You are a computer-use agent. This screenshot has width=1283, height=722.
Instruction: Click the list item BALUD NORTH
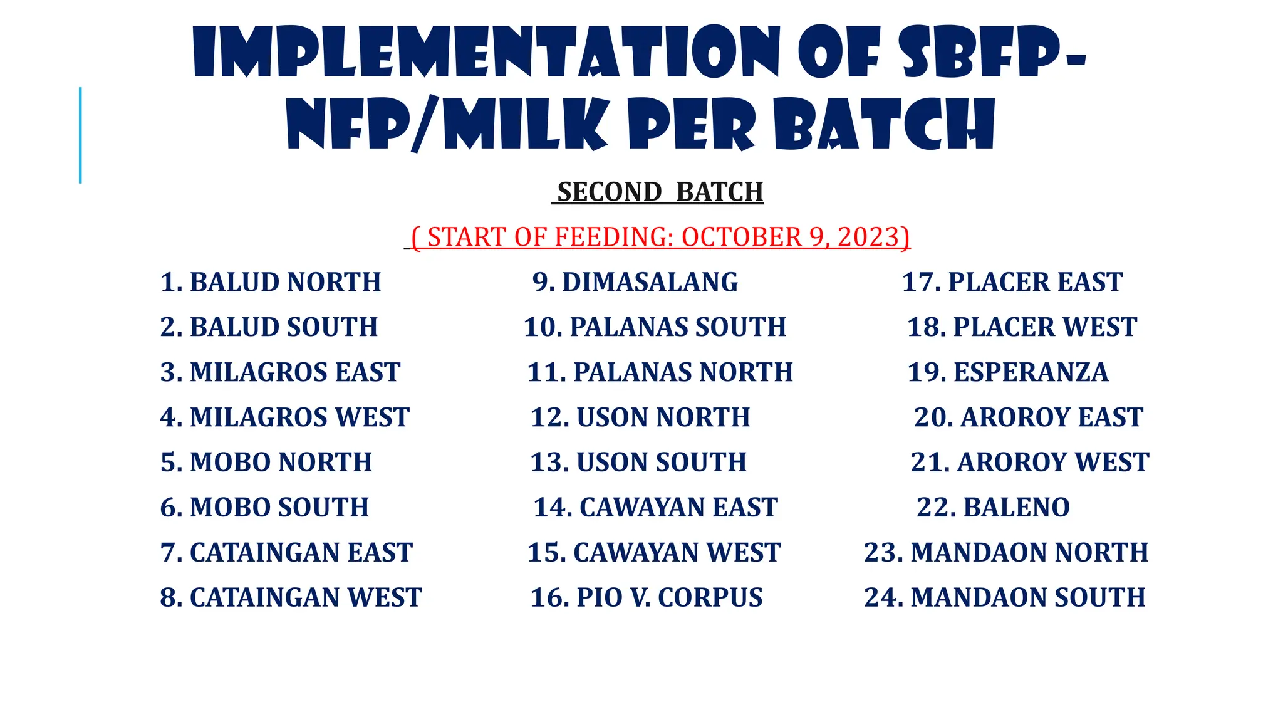(x=271, y=282)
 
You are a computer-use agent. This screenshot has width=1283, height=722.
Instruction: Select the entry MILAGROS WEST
(x=285, y=417)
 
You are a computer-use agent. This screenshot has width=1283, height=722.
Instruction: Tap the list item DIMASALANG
(x=635, y=282)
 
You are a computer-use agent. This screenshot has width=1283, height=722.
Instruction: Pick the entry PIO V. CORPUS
(x=647, y=597)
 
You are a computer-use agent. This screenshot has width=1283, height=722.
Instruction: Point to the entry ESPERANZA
(x=1008, y=372)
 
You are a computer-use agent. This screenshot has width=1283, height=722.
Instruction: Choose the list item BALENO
(x=993, y=508)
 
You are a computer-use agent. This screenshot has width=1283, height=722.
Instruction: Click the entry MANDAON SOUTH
(x=1005, y=597)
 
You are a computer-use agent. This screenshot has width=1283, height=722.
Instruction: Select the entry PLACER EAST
(x=1012, y=282)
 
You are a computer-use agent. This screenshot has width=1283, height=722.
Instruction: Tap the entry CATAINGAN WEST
(x=291, y=597)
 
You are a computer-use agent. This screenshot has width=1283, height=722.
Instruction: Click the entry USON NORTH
(x=640, y=417)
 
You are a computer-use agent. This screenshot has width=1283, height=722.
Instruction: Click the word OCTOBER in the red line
(x=741, y=238)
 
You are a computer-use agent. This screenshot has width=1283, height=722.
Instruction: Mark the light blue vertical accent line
(x=80, y=135)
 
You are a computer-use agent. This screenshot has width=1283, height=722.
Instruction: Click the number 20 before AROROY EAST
(x=930, y=417)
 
